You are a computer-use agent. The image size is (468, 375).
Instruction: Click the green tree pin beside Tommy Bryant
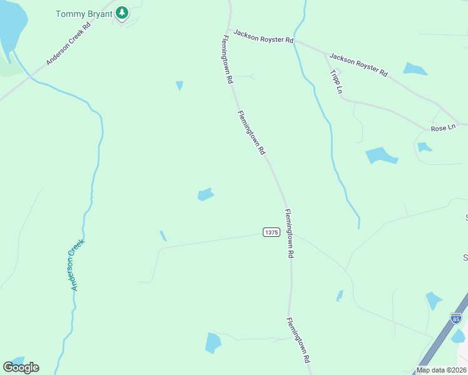click(123, 12)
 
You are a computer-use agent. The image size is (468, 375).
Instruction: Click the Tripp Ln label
click(336, 81)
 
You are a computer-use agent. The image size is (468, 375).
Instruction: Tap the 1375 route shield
click(270, 232)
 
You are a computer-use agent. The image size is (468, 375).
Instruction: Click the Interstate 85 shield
click(456, 318)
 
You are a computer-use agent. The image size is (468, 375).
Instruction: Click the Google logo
click(21, 367)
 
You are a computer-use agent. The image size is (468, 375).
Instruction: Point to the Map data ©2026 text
click(440, 370)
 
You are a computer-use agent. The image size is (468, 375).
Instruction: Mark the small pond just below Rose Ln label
click(424, 147)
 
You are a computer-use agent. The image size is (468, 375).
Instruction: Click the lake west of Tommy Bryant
click(11, 25)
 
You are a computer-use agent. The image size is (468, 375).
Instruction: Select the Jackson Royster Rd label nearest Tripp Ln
click(358, 65)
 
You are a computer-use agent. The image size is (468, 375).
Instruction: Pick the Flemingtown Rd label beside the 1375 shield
click(289, 234)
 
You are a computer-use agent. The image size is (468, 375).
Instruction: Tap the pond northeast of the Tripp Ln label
click(415, 69)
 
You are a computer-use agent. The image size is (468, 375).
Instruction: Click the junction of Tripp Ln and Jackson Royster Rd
click(325, 54)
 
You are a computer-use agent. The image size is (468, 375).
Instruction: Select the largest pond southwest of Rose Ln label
click(380, 155)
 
